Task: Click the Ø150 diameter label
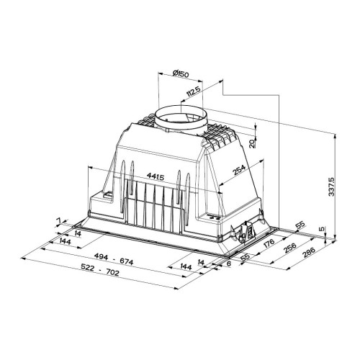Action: [181, 73]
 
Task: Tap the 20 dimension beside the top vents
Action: [251, 143]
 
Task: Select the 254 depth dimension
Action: [239, 170]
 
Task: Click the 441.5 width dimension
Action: [156, 177]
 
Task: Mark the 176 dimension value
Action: [269, 243]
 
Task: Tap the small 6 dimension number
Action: [229, 264]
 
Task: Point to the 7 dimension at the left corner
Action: [58, 220]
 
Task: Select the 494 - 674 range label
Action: [114, 258]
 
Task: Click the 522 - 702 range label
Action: [100, 270]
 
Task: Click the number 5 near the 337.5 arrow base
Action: [323, 229]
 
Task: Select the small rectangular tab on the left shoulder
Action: [107, 195]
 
